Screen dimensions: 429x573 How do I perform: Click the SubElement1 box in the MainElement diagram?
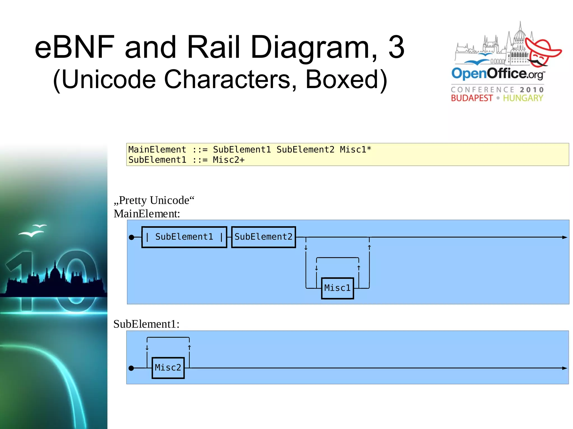coord(184,237)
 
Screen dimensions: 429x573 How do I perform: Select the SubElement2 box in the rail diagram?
coord(263,237)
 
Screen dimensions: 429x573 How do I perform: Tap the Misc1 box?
coord(337,288)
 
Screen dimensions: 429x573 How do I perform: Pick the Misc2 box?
coord(168,368)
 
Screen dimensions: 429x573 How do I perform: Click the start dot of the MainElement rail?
coord(131,237)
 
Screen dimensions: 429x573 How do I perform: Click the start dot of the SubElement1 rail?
coord(131,368)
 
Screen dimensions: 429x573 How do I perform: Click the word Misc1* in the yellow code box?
coord(355,150)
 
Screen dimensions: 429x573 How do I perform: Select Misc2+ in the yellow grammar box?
coord(229,160)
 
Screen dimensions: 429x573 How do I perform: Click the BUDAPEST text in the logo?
coord(471,98)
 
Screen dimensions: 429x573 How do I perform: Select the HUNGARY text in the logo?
coord(523,98)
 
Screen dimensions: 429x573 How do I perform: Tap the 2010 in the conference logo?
coord(532,90)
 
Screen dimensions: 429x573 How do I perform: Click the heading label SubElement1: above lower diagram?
coord(146,324)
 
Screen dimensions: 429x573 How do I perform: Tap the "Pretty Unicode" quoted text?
coord(154,200)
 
